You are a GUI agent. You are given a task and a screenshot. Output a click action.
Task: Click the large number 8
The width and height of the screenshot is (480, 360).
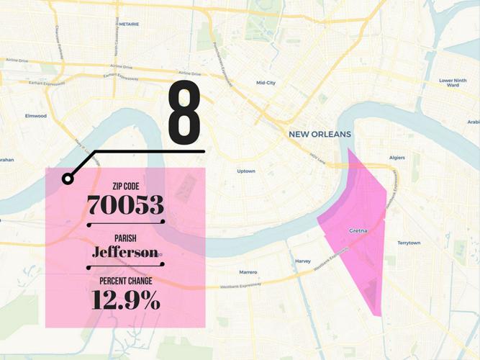point(184,112)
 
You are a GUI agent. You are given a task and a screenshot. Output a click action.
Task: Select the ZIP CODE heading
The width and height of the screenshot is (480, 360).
point(126,186)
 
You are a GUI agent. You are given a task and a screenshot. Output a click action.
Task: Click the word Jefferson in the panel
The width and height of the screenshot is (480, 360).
point(126,252)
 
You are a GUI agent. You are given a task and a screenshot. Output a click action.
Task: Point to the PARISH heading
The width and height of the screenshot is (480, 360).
point(126,238)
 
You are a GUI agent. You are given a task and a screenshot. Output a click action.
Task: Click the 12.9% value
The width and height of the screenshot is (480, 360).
point(126,300)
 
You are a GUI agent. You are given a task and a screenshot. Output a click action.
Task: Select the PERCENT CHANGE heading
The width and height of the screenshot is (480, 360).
point(126,281)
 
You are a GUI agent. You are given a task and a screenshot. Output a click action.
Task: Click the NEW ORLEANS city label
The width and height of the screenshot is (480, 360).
point(320,135)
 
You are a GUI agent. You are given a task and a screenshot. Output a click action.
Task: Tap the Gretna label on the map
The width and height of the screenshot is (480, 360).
point(358,230)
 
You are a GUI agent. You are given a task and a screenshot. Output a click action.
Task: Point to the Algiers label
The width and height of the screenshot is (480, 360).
point(397,157)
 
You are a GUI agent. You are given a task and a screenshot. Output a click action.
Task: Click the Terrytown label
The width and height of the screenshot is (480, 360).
point(409,243)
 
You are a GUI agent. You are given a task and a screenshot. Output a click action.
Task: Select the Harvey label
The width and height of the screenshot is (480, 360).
point(303,261)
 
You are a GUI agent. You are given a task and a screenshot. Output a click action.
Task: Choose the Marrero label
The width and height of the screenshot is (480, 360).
point(248,272)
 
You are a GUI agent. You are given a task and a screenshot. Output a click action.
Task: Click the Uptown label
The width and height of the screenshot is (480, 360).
point(246,171)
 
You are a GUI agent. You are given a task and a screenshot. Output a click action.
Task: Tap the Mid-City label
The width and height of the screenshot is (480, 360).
point(266,83)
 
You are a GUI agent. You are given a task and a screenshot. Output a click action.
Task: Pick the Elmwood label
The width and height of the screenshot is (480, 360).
point(35,116)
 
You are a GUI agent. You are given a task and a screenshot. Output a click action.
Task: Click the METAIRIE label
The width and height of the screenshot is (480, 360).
point(129,24)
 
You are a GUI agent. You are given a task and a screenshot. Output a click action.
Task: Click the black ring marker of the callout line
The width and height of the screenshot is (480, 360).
point(68,179)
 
